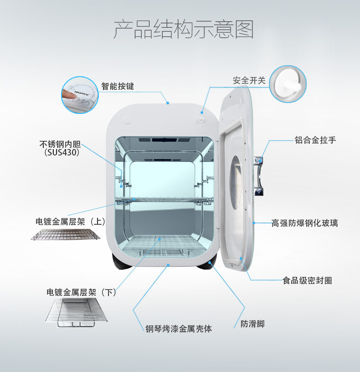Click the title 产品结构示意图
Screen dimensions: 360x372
pyautogui.click(x=183, y=29)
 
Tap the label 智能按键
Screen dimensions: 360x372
pyautogui.click(x=118, y=86)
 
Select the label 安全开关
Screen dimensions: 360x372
pyautogui.click(x=249, y=80)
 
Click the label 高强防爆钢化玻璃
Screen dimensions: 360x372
pyautogui.click(x=305, y=223)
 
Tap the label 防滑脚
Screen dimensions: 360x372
pyautogui.click(x=252, y=324)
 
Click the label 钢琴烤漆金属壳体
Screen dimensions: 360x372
pyautogui.click(x=179, y=328)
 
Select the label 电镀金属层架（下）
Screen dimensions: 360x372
pyautogui.click(x=82, y=292)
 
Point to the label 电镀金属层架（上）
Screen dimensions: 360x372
pyautogui.click(x=71, y=222)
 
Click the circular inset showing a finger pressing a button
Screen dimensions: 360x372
pyautogui.click(x=80, y=94)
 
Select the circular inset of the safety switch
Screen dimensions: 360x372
pyautogui.click(x=288, y=83)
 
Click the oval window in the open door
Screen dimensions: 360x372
pyautogui.click(x=235, y=182)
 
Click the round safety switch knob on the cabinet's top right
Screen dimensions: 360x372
pyautogui.click(x=201, y=118)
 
